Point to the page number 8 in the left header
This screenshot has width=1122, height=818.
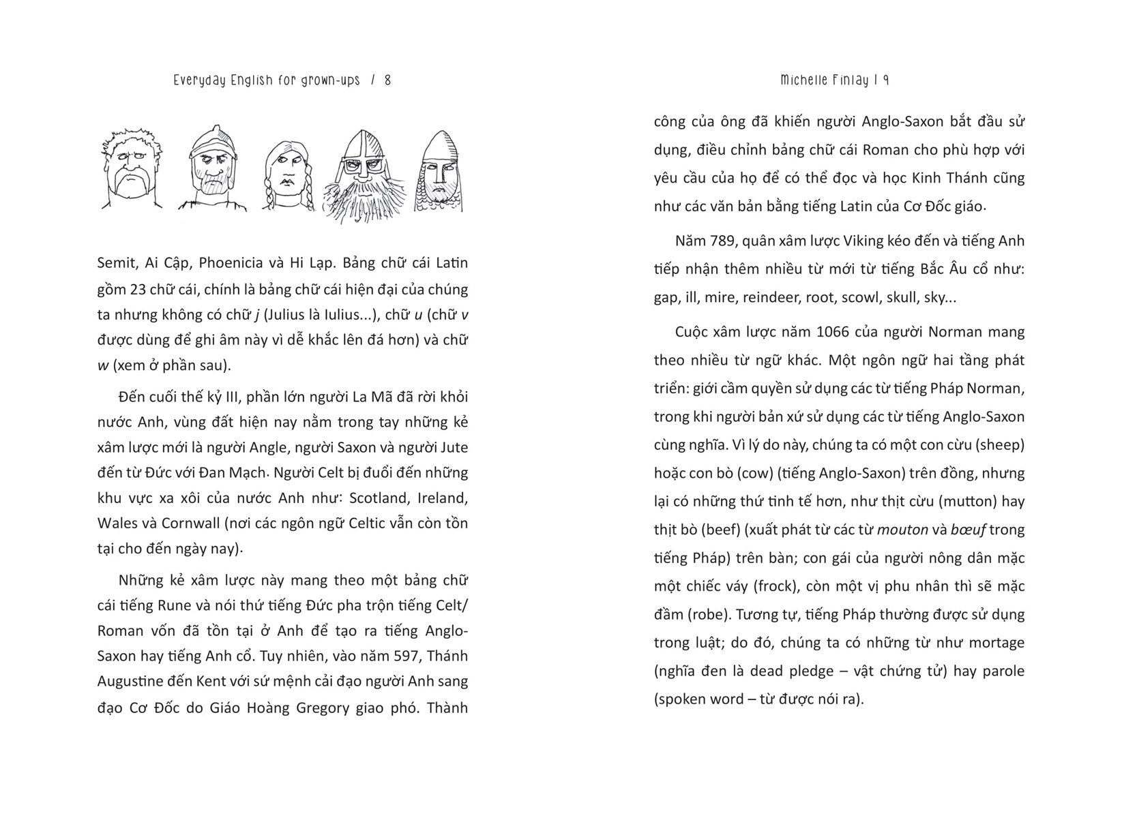click(387, 80)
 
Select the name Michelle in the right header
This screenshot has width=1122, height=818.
click(801, 80)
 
